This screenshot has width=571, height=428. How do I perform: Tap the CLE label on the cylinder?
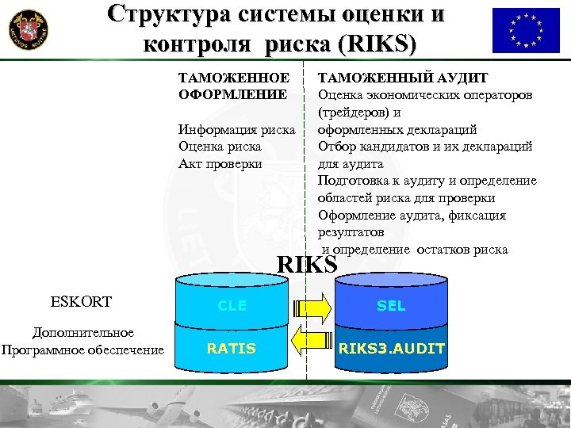(x=232, y=306)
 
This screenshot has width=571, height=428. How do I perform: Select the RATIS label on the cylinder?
(x=232, y=348)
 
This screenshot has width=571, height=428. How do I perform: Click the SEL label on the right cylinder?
(x=391, y=306)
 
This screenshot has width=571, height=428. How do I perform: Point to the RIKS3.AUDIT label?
(x=391, y=348)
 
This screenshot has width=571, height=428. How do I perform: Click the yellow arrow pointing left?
(x=310, y=342)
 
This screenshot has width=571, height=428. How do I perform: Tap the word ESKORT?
(x=81, y=302)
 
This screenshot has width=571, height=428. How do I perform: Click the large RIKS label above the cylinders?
(x=308, y=265)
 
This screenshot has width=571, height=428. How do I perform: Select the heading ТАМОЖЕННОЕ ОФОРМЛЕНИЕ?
(x=233, y=86)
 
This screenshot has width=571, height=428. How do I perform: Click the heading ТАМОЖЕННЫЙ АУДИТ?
(x=403, y=78)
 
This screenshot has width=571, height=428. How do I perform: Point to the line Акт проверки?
(x=220, y=164)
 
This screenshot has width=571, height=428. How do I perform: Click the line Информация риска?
(x=236, y=129)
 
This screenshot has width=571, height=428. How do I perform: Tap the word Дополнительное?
(x=82, y=334)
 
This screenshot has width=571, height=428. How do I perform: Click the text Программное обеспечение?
(x=82, y=350)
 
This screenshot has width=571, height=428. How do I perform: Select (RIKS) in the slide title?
(x=375, y=44)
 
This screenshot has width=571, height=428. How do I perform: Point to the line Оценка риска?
(x=220, y=147)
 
